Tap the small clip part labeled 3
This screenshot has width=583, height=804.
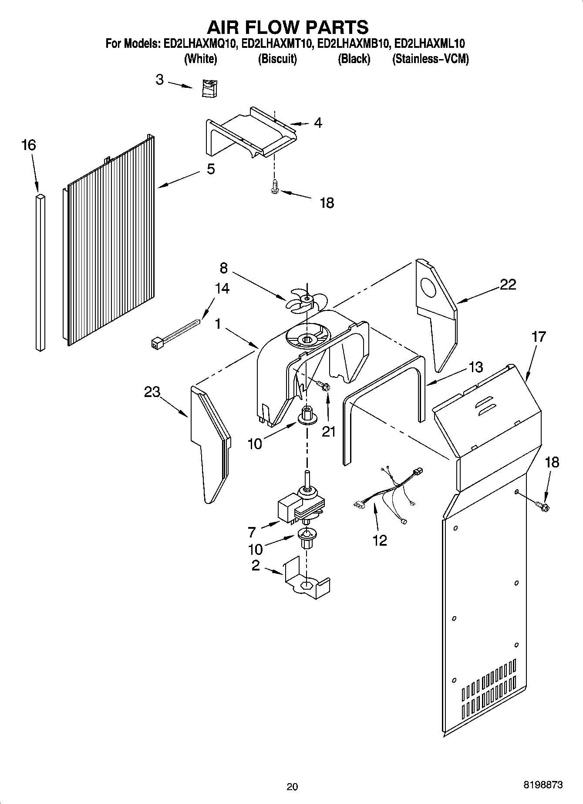pos(210,88)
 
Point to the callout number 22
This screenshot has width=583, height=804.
pos(507,284)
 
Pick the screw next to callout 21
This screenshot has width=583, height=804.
pos(323,385)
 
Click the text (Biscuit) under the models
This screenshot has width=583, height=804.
pos(277,59)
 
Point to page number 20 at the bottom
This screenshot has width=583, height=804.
pos(292,786)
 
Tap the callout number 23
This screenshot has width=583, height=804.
pos(152,392)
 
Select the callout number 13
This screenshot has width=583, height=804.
pos(475,367)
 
